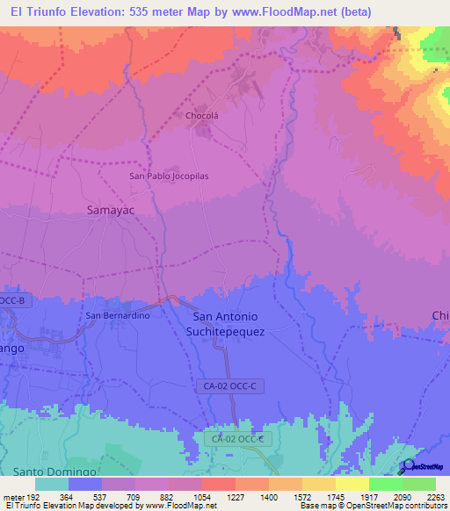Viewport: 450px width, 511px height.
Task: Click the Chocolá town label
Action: (x=201, y=115)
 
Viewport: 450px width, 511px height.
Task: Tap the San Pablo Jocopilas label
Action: (x=170, y=176)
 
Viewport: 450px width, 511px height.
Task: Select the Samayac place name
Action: (x=110, y=210)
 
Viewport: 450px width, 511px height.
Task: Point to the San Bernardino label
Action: (x=117, y=315)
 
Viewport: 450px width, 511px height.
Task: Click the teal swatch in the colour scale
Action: (x=52, y=484)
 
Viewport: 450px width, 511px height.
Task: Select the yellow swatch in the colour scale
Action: (x=352, y=484)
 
